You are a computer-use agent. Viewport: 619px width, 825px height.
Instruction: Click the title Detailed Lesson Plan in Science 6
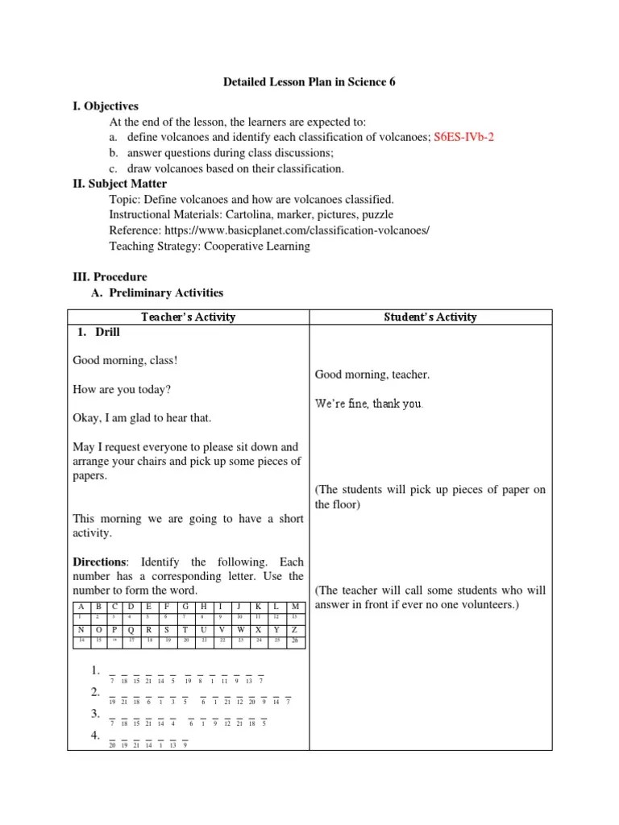pos(309,82)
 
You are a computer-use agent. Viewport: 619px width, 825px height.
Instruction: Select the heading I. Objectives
pos(106,106)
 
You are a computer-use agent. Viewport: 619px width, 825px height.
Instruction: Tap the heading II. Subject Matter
pos(120,184)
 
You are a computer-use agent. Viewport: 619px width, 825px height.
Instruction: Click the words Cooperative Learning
pos(258,246)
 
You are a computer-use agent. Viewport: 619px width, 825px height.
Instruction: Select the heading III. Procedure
pos(110,277)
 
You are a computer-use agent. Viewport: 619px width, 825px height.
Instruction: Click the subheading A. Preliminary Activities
pos(158,292)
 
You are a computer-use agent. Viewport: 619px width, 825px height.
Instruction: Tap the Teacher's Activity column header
pos(188,317)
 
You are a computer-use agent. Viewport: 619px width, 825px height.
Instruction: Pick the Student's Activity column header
pos(430,317)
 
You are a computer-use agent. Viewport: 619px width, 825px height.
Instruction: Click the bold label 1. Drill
pos(103,332)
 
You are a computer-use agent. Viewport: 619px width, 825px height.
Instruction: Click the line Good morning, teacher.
pos(372,375)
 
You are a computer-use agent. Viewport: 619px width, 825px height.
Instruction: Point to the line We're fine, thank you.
pos(368,404)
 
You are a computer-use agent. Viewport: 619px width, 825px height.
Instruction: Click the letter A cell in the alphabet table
pos(81,606)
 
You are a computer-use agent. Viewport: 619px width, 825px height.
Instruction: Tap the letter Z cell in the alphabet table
pos(295,628)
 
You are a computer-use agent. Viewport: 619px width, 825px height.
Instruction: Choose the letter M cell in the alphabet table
pos(295,606)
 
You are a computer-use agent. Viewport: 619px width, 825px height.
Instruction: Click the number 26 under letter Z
pos(295,641)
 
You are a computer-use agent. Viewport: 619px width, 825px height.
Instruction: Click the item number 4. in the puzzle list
pos(95,736)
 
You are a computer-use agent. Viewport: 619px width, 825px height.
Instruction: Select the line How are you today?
pos(122,389)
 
